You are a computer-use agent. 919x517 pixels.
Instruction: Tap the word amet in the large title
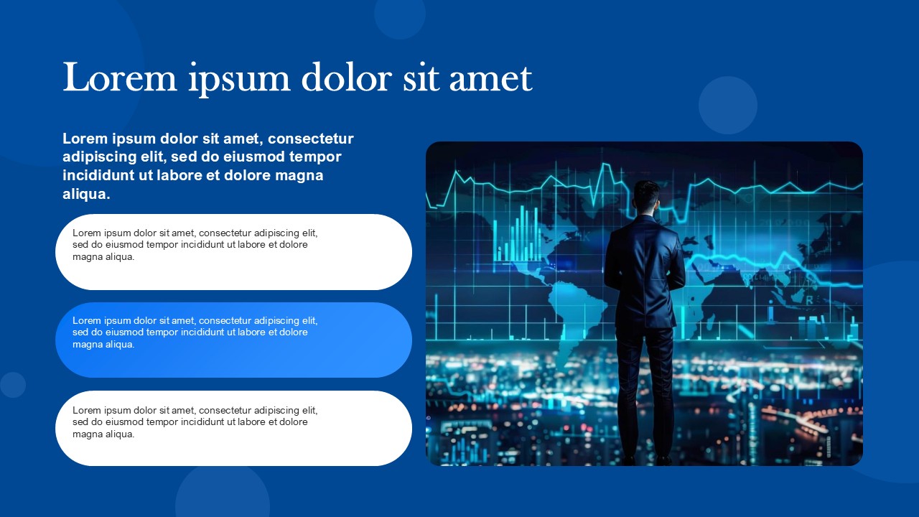[x=490, y=78]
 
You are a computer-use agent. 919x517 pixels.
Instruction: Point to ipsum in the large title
[x=239, y=80]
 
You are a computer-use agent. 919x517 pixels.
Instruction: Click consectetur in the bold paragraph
[x=311, y=139]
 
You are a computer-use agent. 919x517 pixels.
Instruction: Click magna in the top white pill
[x=86, y=257]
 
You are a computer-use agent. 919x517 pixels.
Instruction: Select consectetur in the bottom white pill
[x=225, y=410]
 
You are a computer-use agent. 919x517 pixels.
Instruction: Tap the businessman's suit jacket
[x=644, y=271]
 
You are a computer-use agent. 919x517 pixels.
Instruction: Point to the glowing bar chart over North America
[x=518, y=234]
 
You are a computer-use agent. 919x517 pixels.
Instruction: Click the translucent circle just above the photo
[x=728, y=106]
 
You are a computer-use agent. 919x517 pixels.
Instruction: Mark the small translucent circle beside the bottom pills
[x=13, y=385]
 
